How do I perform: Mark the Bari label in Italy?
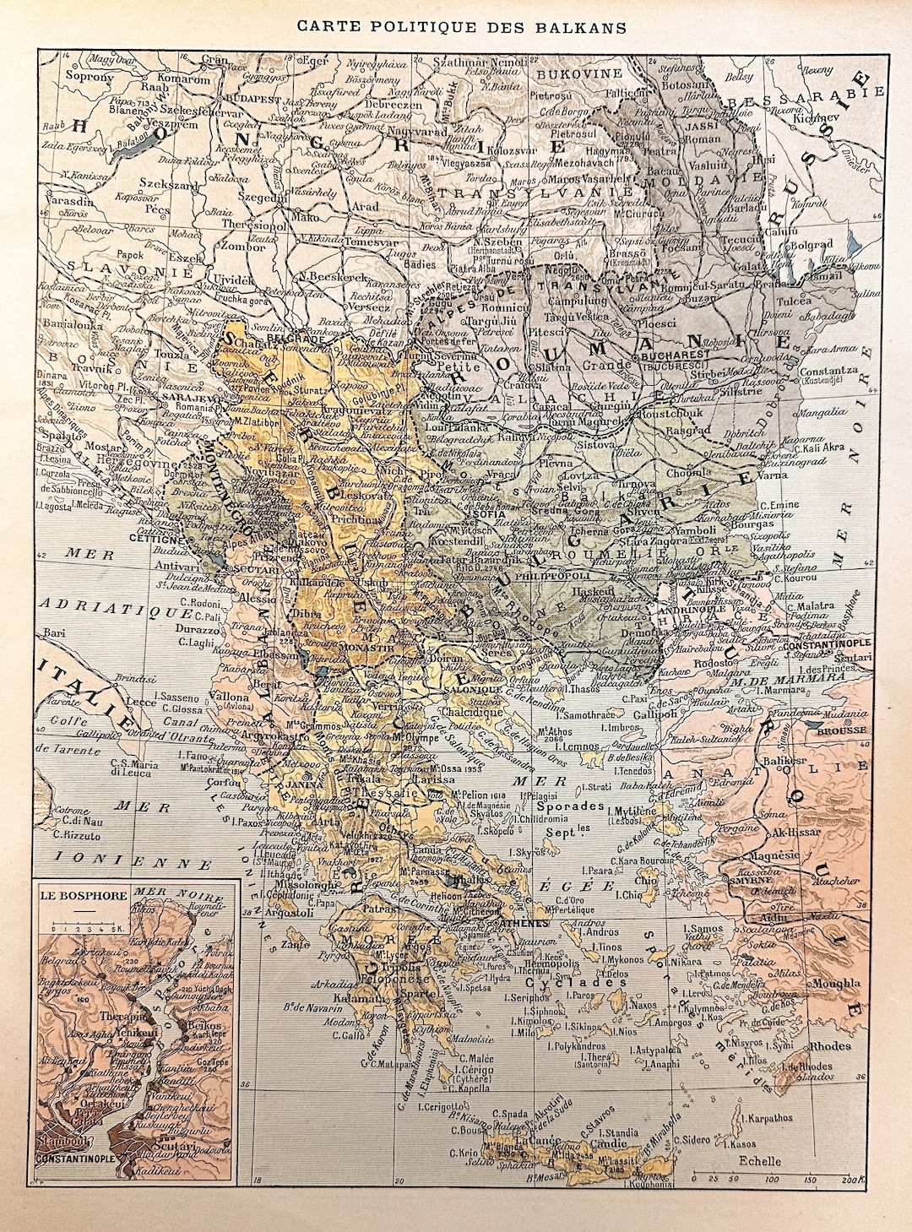pos(56,632)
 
